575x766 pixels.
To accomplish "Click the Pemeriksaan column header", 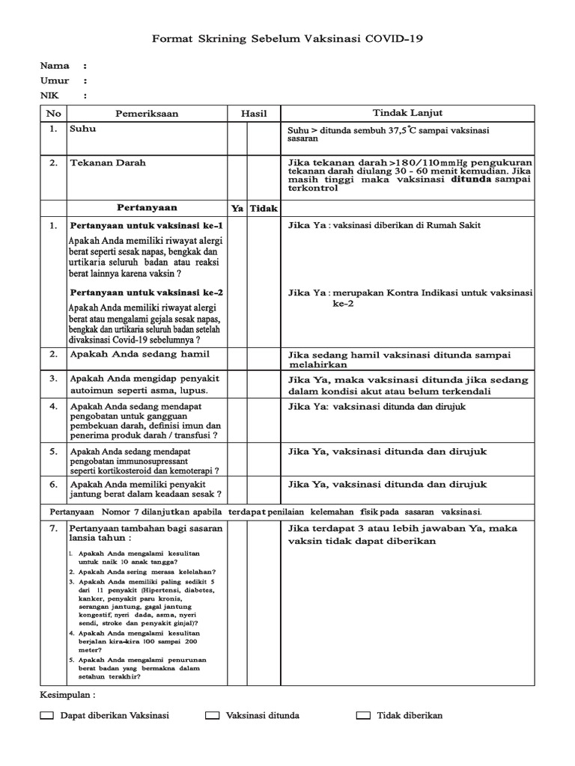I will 147,114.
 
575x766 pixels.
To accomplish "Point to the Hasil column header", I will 254,114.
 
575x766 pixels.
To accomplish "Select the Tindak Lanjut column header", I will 407,113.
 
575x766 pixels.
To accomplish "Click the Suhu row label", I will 82,129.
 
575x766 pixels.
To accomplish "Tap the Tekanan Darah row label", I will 108,162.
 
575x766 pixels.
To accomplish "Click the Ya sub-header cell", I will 237,208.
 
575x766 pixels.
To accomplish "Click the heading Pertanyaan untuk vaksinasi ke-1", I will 146,225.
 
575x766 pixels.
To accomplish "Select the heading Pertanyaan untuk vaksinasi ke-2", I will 146,292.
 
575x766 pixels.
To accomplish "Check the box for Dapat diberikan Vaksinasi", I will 47,716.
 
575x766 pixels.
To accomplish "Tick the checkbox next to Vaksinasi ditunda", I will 213,716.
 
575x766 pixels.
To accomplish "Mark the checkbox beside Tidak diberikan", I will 364,716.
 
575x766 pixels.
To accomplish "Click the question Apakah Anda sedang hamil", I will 139,354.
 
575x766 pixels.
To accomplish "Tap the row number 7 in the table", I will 53,528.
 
